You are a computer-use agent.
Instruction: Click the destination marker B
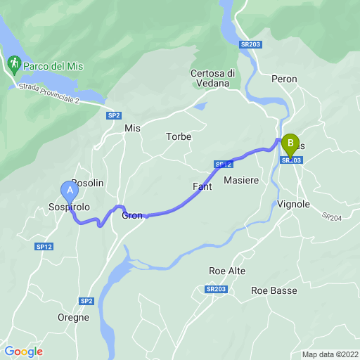(290, 144)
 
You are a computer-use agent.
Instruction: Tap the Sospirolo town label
(69, 208)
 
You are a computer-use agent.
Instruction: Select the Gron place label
(132, 215)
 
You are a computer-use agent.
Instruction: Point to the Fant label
(202, 186)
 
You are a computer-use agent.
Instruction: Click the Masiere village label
(241, 181)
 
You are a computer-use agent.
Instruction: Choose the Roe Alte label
(227, 271)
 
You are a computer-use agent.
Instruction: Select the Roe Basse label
(274, 290)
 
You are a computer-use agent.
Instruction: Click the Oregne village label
(73, 318)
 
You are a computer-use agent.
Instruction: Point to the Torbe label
(179, 136)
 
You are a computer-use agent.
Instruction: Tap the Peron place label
(284, 79)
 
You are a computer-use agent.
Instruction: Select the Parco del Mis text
(53, 66)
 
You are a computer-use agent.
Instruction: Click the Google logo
(23, 352)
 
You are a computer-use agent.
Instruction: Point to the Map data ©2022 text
(330, 354)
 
